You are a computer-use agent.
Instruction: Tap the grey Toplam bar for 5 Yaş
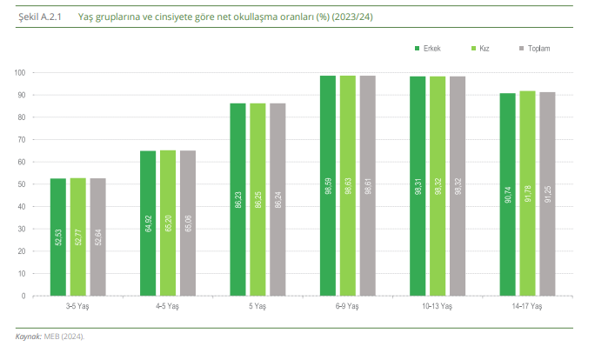pyautogui.click(x=277, y=199)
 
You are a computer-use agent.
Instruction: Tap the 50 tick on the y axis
pyautogui.click(x=21, y=184)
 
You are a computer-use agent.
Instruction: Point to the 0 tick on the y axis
pyautogui.click(x=23, y=296)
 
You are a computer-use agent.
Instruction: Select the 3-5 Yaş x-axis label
pyautogui.click(x=79, y=306)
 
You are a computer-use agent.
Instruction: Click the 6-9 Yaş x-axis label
pyautogui.click(x=347, y=306)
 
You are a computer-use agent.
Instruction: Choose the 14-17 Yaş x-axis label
pyautogui.click(x=527, y=306)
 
